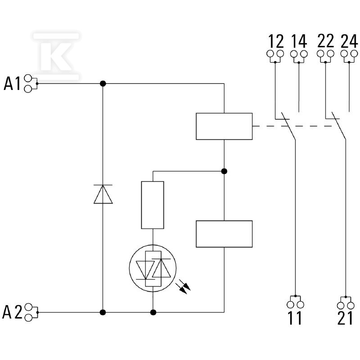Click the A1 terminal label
click(x=12, y=84)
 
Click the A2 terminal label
click(x=12, y=312)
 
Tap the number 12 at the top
click(x=276, y=41)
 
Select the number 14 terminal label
click(x=299, y=41)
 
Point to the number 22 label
click(x=325, y=41)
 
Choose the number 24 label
click(x=349, y=41)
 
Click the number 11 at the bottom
click(x=295, y=318)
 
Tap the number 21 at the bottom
click(x=345, y=318)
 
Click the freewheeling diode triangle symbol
click(x=103, y=194)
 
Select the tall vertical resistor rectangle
click(x=153, y=205)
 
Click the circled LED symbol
click(x=153, y=268)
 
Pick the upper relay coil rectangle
click(x=224, y=126)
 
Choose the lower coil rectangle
click(x=224, y=234)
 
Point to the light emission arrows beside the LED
click(x=183, y=287)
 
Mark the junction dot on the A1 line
click(x=103, y=84)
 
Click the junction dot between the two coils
click(x=224, y=171)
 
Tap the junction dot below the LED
click(x=153, y=312)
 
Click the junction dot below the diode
click(x=103, y=312)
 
